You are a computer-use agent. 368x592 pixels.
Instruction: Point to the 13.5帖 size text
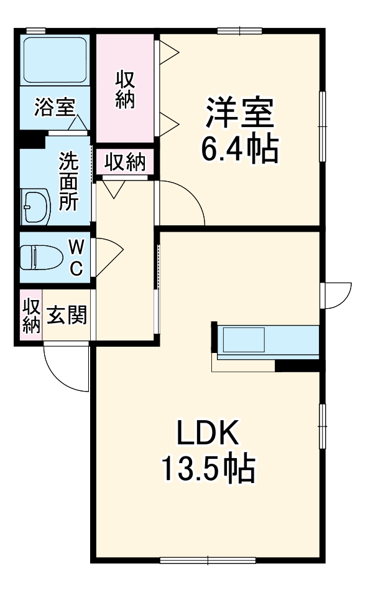click(208, 469)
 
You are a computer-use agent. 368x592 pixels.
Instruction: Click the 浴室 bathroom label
click(55, 108)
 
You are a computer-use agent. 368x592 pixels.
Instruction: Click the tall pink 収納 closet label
click(125, 90)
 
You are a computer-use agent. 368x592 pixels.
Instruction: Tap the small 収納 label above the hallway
click(124, 163)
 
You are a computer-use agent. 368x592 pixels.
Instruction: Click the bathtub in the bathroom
click(55, 60)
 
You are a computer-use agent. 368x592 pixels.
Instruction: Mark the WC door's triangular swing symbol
click(111, 256)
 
